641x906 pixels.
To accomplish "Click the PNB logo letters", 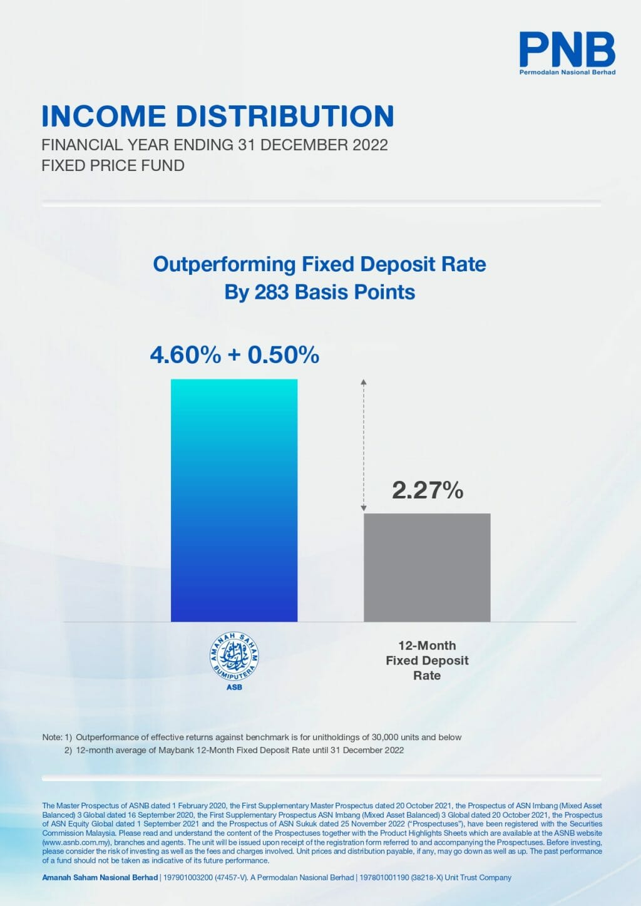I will (567, 50).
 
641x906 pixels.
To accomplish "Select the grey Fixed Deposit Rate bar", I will (427, 567).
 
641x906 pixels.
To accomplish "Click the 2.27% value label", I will (428, 490).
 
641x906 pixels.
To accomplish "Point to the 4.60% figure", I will (185, 355).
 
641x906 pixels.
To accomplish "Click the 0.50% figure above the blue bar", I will (284, 355).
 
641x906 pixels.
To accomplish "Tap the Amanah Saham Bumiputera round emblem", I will (234, 657).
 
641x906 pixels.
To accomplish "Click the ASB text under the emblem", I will (234, 687).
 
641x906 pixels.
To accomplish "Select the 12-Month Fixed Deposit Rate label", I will (427, 661).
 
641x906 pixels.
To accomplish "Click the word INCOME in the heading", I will (103, 116).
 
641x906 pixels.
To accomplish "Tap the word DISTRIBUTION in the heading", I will (285, 116).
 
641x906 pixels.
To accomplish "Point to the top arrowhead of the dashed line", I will (364, 381).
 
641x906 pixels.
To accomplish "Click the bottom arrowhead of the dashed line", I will (364, 508).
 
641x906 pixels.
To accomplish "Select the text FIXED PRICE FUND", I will (113, 166).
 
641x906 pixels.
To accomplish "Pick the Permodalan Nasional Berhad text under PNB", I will (567, 73).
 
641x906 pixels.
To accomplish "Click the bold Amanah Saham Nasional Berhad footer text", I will (100, 878).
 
